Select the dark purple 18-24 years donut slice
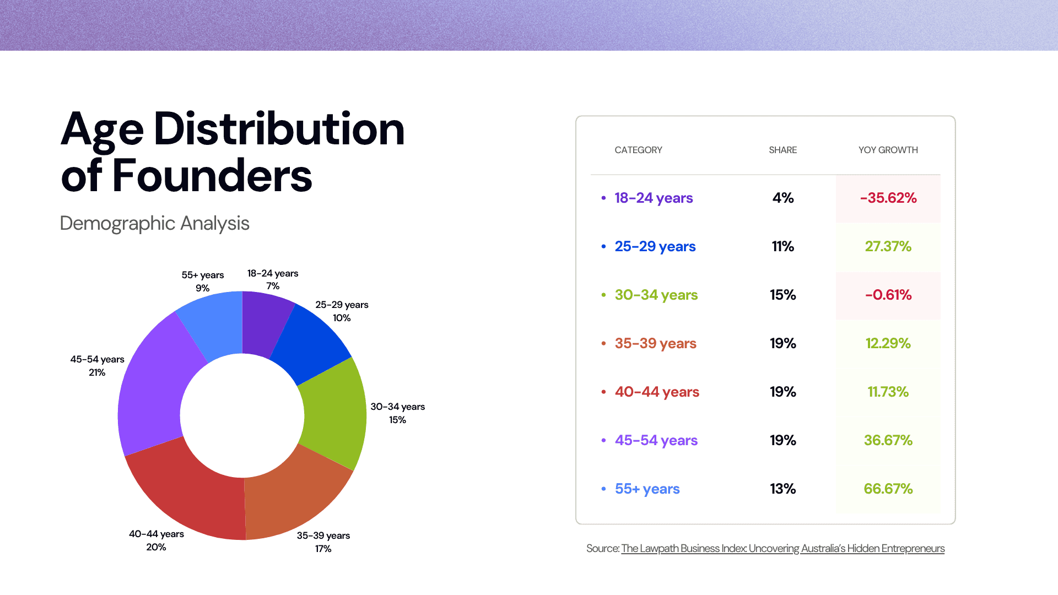[x=264, y=322]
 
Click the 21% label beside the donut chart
[x=97, y=372]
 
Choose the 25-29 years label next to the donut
[x=342, y=305]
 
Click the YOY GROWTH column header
[x=888, y=150]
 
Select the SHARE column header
[x=782, y=150]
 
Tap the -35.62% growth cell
[x=888, y=198]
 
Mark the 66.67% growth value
[x=888, y=489]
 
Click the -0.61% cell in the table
[x=888, y=295]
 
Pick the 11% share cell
[x=782, y=246]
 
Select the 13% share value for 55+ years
[x=782, y=489]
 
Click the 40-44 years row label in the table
[x=657, y=392]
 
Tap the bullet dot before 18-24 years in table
[x=603, y=198]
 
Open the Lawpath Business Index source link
[x=782, y=548]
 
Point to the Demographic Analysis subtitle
[x=154, y=223]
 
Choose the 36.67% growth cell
[x=888, y=440]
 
